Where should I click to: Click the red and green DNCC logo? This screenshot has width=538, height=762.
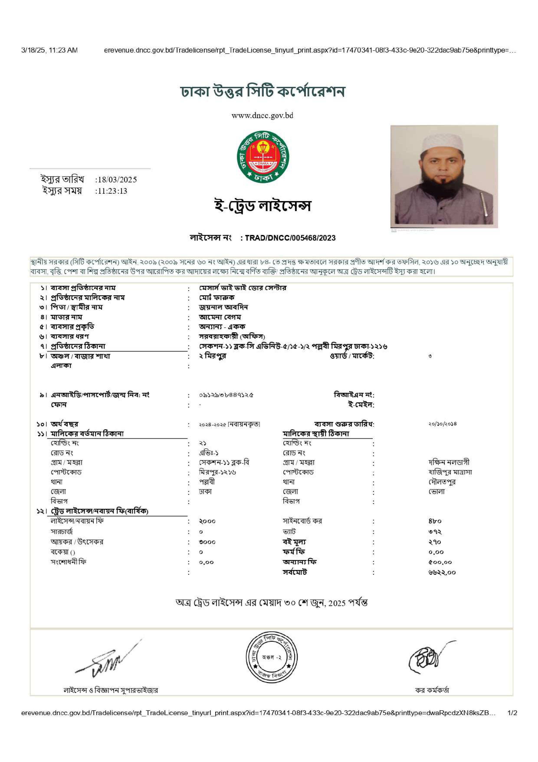(x=263, y=157)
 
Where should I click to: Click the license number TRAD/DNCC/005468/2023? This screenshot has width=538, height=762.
(x=290, y=238)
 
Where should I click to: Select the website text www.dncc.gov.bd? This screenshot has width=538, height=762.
(x=262, y=116)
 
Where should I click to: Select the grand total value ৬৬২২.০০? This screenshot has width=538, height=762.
(x=442, y=572)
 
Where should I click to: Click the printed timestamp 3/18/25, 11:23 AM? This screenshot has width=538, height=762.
(x=49, y=50)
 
